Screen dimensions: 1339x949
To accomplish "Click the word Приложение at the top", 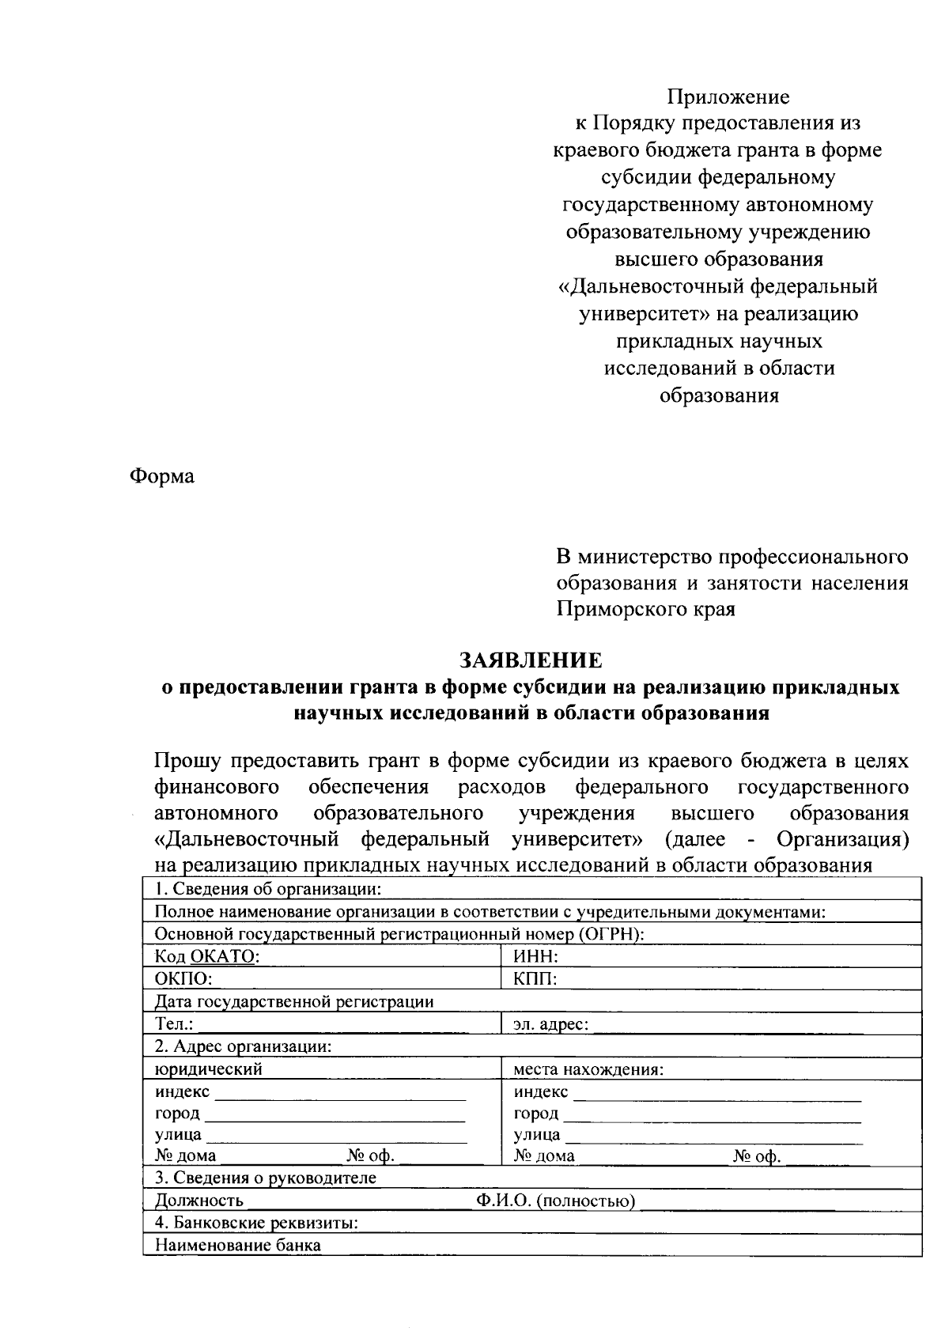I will [x=728, y=97].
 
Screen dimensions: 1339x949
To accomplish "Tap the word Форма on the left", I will [x=162, y=477].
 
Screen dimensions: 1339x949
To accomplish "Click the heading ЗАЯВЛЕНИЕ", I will [x=531, y=660].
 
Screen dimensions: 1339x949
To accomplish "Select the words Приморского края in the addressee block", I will [x=646, y=610].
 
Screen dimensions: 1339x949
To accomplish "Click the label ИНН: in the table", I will [x=536, y=957].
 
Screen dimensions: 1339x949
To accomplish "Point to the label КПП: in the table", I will [x=535, y=979].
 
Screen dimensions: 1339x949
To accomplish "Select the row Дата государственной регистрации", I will [x=294, y=1001].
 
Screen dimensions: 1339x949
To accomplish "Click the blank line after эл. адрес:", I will [x=751, y=1027].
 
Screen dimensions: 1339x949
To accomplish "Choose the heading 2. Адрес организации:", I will [x=243, y=1046].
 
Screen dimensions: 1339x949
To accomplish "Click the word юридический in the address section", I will [x=209, y=1069].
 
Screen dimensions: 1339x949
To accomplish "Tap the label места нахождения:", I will [x=588, y=1070].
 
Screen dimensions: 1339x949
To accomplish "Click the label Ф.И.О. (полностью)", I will [x=555, y=1202].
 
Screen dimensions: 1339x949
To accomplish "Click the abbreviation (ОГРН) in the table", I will [x=610, y=934].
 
